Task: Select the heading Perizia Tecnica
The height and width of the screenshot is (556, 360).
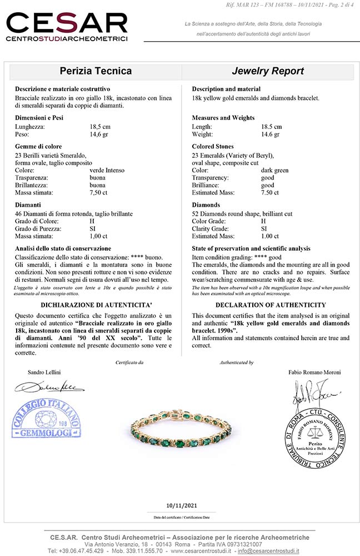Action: pyautogui.click(x=96, y=71)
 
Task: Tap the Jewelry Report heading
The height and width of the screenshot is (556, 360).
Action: pyautogui.click(x=268, y=71)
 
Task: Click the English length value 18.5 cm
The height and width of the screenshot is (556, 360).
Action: pyautogui.click(x=272, y=126)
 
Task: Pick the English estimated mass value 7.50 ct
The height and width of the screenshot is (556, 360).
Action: pyautogui.click(x=270, y=192)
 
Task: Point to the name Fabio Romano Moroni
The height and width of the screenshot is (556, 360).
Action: pyautogui.click(x=299, y=372)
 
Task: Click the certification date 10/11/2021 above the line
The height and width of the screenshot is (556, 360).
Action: pyautogui.click(x=181, y=505)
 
